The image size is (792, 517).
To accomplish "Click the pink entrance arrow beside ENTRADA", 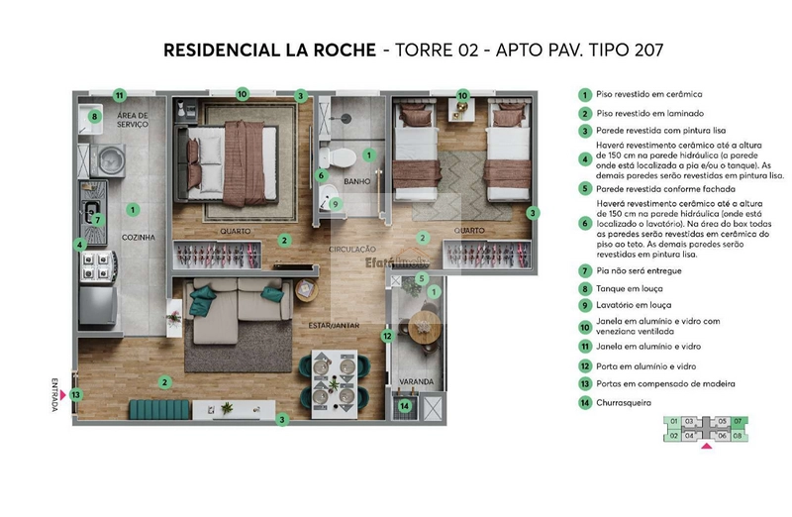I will pyautogui.click(x=62, y=394).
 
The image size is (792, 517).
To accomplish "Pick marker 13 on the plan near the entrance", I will pyautogui.click(x=76, y=394).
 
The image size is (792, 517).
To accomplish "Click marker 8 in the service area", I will pyautogui.click(x=95, y=116).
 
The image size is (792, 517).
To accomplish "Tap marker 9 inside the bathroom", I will pyautogui.click(x=336, y=204).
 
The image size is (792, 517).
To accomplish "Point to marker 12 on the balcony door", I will pyautogui.click(x=388, y=336).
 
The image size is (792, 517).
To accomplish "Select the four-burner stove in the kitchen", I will pyautogui.click(x=99, y=264).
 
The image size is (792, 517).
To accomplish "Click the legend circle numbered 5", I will pyautogui.click(x=585, y=187).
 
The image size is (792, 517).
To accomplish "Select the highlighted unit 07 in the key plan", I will pyautogui.click(x=738, y=421).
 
